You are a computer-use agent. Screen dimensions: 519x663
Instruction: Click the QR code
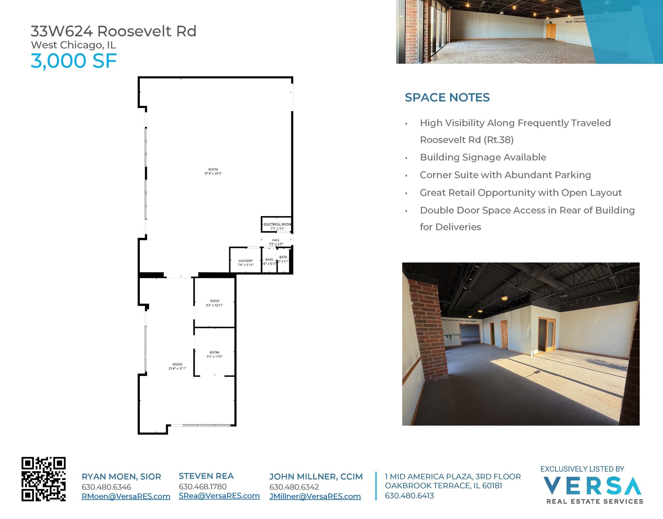tap(44, 479)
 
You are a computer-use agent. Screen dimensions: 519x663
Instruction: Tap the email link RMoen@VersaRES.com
tap(126, 496)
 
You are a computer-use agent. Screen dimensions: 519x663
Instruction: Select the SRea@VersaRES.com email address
tap(219, 496)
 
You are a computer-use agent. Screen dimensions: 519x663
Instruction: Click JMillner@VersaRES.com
tap(315, 496)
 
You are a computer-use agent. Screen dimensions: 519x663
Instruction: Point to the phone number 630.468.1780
tap(203, 487)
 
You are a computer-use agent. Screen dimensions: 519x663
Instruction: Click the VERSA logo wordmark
tap(592, 486)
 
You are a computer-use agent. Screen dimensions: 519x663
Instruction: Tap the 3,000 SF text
tap(73, 61)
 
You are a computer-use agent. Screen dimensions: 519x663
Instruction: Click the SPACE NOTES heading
tap(447, 97)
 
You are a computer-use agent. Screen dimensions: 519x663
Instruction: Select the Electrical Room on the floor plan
tap(277, 225)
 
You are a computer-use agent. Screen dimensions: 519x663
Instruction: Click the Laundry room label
tap(245, 261)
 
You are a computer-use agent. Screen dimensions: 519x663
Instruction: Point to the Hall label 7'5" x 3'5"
tap(276, 242)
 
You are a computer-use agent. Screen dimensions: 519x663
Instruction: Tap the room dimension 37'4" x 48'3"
tap(213, 174)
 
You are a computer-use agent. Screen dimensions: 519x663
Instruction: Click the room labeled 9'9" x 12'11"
tap(214, 303)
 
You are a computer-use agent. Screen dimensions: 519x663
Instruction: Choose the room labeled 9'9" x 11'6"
tap(214, 354)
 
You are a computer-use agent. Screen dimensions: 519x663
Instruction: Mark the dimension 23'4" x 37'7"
tap(177, 369)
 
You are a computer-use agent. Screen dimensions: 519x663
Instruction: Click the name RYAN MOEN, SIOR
tap(121, 477)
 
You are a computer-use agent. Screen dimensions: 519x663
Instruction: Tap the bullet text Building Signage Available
tap(483, 157)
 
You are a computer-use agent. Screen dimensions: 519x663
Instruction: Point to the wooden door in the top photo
tap(551, 31)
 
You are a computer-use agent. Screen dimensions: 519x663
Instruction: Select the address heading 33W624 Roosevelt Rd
tap(114, 31)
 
